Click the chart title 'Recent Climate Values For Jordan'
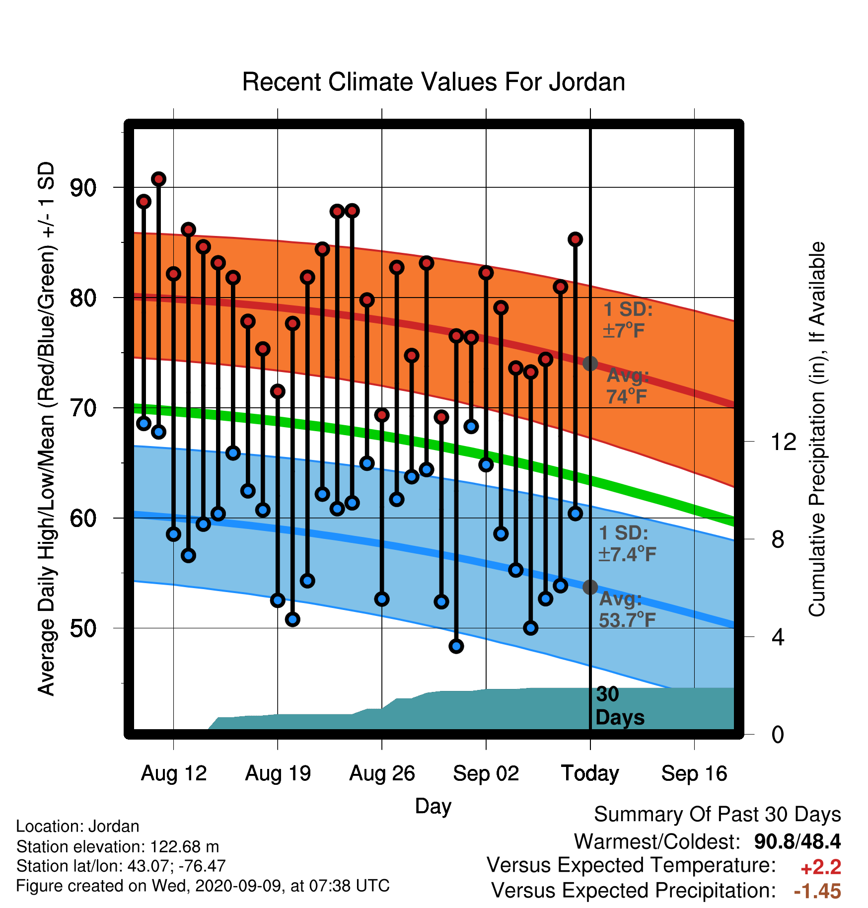(434, 82)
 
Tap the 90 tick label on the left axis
(83, 188)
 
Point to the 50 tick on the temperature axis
(83, 628)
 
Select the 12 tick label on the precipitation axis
(784, 442)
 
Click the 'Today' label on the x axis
(590, 773)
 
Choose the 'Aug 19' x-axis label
(278, 773)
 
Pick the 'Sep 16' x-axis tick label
(694, 773)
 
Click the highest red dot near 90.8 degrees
(158, 179)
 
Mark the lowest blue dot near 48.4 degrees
(456, 646)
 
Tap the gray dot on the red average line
(590, 364)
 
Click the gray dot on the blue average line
(590, 587)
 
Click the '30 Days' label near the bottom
(620, 706)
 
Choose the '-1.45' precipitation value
(818, 892)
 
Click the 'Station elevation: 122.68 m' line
(118, 846)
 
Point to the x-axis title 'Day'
(433, 806)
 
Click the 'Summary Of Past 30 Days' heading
(718, 815)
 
